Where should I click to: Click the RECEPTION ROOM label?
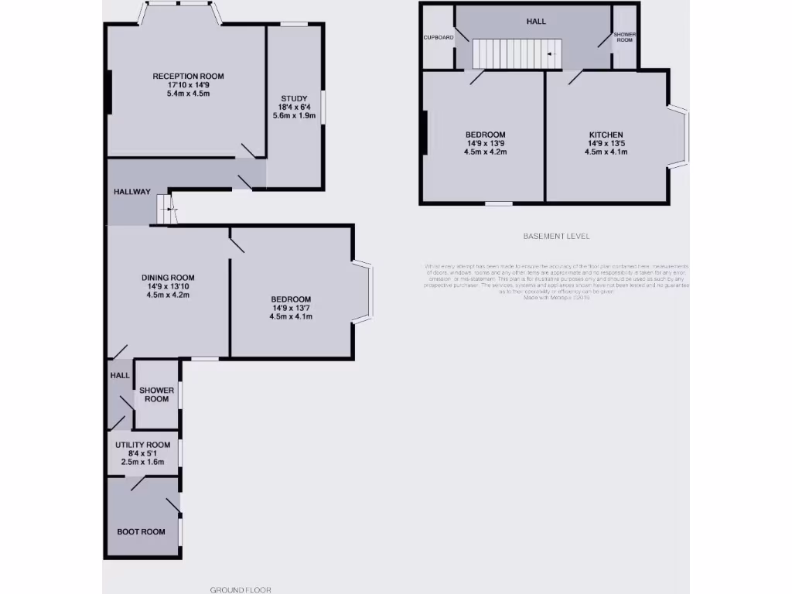tap(188, 76)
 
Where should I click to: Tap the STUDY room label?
tap(294, 98)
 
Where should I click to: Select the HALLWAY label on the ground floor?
tap(132, 192)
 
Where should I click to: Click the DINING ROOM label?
tap(168, 278)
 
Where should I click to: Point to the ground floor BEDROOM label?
tap(291, 299)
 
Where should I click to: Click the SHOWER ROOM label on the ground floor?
tap(156, 394)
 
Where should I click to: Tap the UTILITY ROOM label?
tap(143, 445)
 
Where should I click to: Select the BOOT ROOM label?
tap(142, 532)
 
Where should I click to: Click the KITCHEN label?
tap(606, 135)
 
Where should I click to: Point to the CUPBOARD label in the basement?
tap(439, 37)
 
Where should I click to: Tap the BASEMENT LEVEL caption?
tap(556, 237)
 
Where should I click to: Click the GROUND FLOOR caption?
tap(241, 589)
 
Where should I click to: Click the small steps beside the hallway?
tap(167, 209)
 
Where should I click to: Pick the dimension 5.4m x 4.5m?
tap(188, 94)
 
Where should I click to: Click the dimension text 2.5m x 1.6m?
tap(143, 462)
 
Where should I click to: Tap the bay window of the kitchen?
tap(678, 136)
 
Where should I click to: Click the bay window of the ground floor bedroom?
tap(364, 291)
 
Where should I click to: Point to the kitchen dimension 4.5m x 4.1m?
tap(606, 152)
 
